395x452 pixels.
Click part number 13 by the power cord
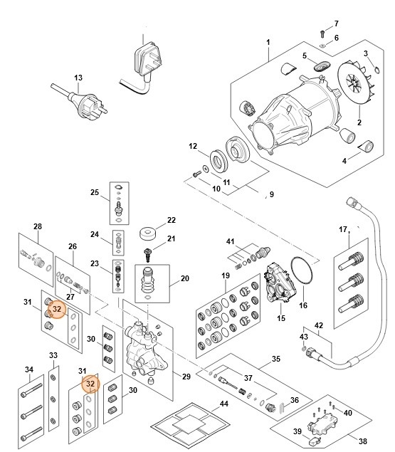(78, 78)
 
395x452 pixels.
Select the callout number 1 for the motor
(268, 42)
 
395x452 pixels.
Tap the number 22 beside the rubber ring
(171, 220)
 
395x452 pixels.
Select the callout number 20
(184, 278)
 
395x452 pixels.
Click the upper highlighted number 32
(58, 310)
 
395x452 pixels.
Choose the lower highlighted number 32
(90, 384)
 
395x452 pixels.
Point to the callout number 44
(224, 404)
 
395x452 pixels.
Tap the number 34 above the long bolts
(28, 369)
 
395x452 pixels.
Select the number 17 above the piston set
(343, 230)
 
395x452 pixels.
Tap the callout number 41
(230, 241)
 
